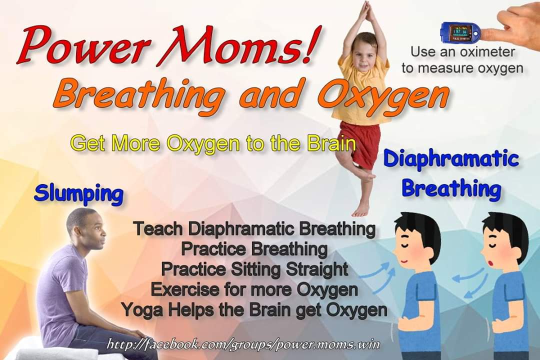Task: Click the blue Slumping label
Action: coord(78,193)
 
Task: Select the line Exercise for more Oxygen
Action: coord(254,289)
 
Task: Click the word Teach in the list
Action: coord(159,229)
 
